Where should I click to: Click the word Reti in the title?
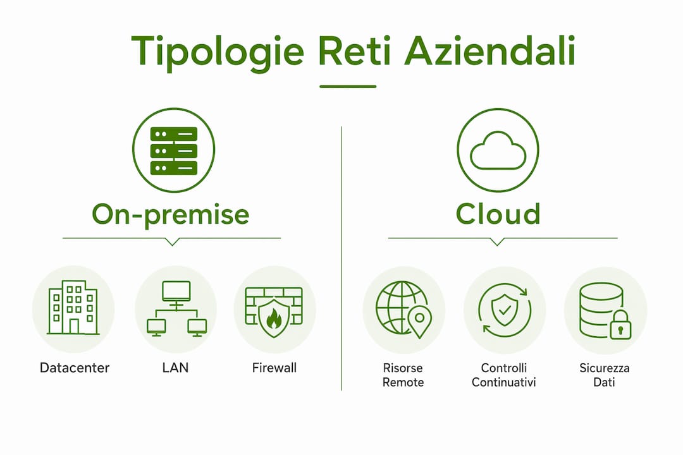click(354, 51)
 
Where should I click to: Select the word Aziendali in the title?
click(490, 51)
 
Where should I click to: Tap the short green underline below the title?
click(348, 86)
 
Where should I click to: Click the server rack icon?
click(173, 150)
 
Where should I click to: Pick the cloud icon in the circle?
click(498, 150)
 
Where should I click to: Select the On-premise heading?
click(170, 214)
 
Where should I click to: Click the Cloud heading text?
click(498, 214)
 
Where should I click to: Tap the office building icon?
click(73, 307)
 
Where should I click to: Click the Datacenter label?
click(75, 368)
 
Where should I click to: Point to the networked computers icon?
click(176, 308)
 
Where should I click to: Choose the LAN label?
click(175, 368)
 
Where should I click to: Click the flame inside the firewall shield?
click(274, 318)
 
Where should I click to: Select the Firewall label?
click(274, 368)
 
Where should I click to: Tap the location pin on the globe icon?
click(419, 321)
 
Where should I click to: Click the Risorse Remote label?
click(403, 375)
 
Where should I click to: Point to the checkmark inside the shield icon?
click(505, 310)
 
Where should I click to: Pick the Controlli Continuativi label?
click(503, 375)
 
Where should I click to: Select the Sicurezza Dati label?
click(604, 375)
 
